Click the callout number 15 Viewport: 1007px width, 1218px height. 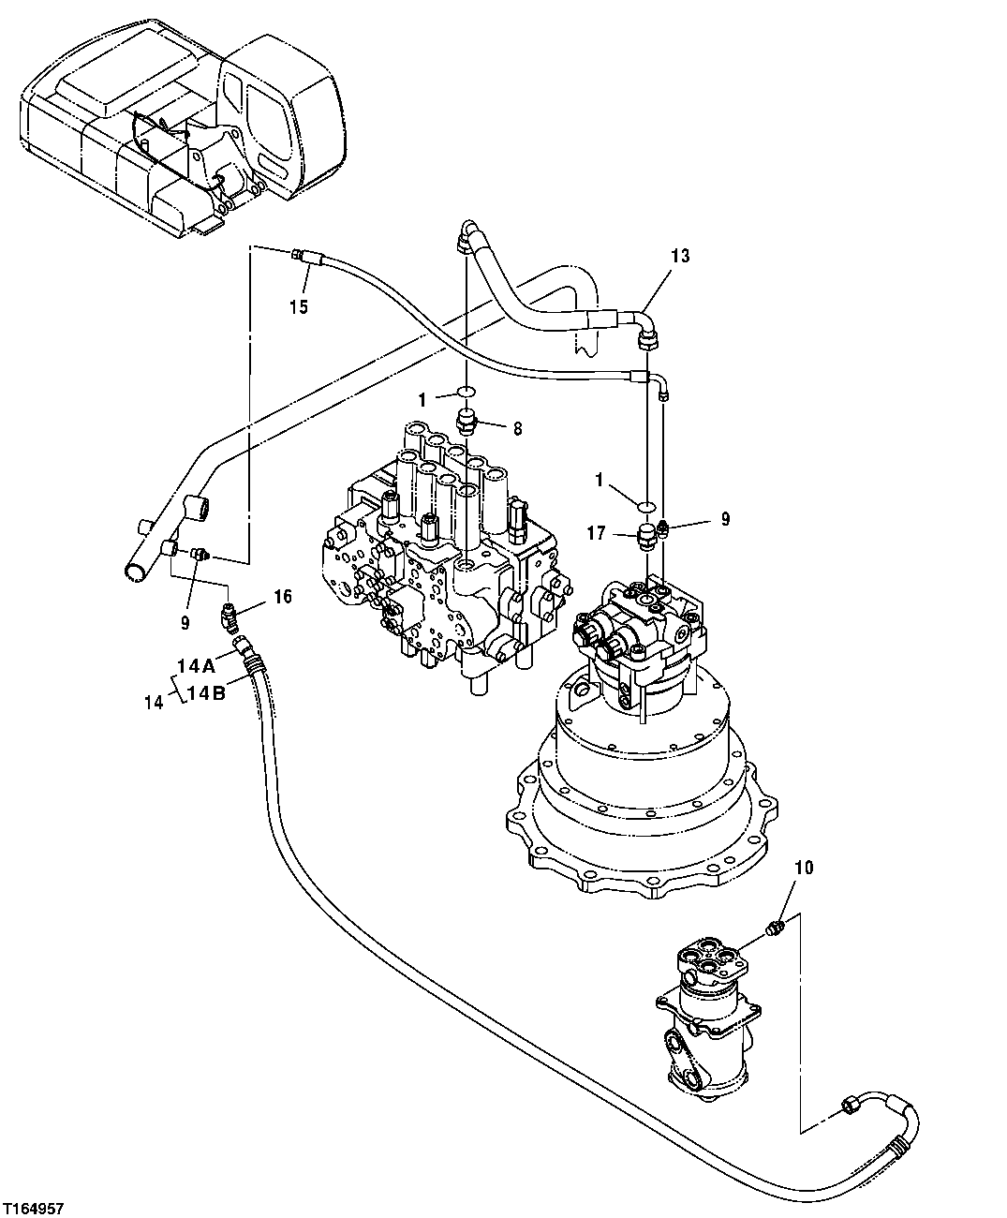pyautogui.click(x=298, y=306)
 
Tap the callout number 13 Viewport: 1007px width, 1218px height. pyautogui.click(x=680, y=256)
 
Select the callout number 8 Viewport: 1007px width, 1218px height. pyautogui.click(x=516, y=428)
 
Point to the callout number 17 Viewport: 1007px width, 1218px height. pyautogui.click(x=596, y=535)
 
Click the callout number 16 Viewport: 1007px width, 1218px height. pyautogui.click(x=282, y=596)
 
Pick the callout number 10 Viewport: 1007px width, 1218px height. pyautogui.click(x=806, y=869)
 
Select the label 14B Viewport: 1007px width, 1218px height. pyautogui.click(x=206, y=693)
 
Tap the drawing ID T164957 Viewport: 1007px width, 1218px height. pyautogui.click(x=34, y=1210)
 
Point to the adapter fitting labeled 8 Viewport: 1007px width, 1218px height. pyautogui.click(x=467, y=423)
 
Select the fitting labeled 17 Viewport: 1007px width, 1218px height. pyautogui.click(x=644, y=539)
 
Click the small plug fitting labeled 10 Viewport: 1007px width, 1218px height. pyautogui.click(x=774, y=928)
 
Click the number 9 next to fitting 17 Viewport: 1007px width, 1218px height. pyautogui.click(x=725, y=518)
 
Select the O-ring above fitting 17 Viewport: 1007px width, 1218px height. pyautogui.click(x=644, y=505)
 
